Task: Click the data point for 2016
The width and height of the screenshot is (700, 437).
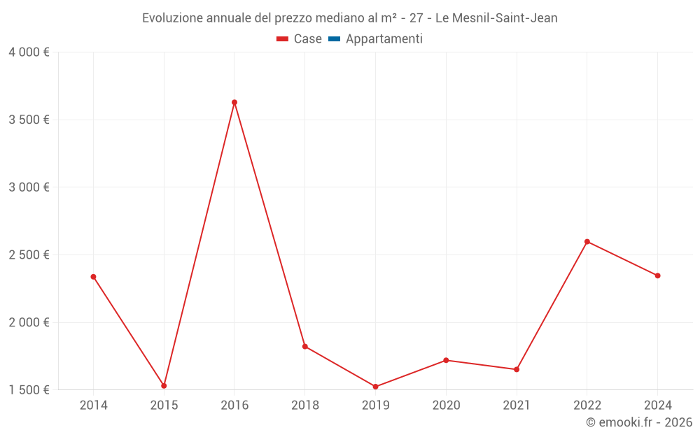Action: (234, 102)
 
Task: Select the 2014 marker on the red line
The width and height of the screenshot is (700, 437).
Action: (93, 277)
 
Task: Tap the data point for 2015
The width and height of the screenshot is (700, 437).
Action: (164, 386)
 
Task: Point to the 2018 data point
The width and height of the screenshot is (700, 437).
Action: (305, 346)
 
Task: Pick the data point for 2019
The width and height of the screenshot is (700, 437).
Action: (376, 387)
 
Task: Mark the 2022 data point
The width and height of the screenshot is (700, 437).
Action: (587, 242)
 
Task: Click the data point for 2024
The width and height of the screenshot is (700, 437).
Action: (658, 275)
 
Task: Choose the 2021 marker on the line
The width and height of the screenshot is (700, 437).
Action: (517, 369)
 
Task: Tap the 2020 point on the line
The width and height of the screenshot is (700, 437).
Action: (446, 360)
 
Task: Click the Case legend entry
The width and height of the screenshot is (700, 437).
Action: (300, 39)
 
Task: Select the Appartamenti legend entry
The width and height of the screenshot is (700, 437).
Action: (376, 39)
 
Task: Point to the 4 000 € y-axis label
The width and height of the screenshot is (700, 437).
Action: (29, 52)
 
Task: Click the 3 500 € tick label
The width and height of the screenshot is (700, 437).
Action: (29, 120)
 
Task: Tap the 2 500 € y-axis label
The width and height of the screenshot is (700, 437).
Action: (29, 255)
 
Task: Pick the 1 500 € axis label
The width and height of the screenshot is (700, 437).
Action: (29, 390)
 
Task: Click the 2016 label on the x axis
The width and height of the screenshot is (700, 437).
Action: (234, 405)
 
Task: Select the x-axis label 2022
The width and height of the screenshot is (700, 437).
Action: (587, 405)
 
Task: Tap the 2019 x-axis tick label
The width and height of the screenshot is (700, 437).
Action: (376, 405)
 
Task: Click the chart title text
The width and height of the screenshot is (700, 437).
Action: (350, 18)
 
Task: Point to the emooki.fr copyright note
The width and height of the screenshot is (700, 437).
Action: (639, 422)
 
